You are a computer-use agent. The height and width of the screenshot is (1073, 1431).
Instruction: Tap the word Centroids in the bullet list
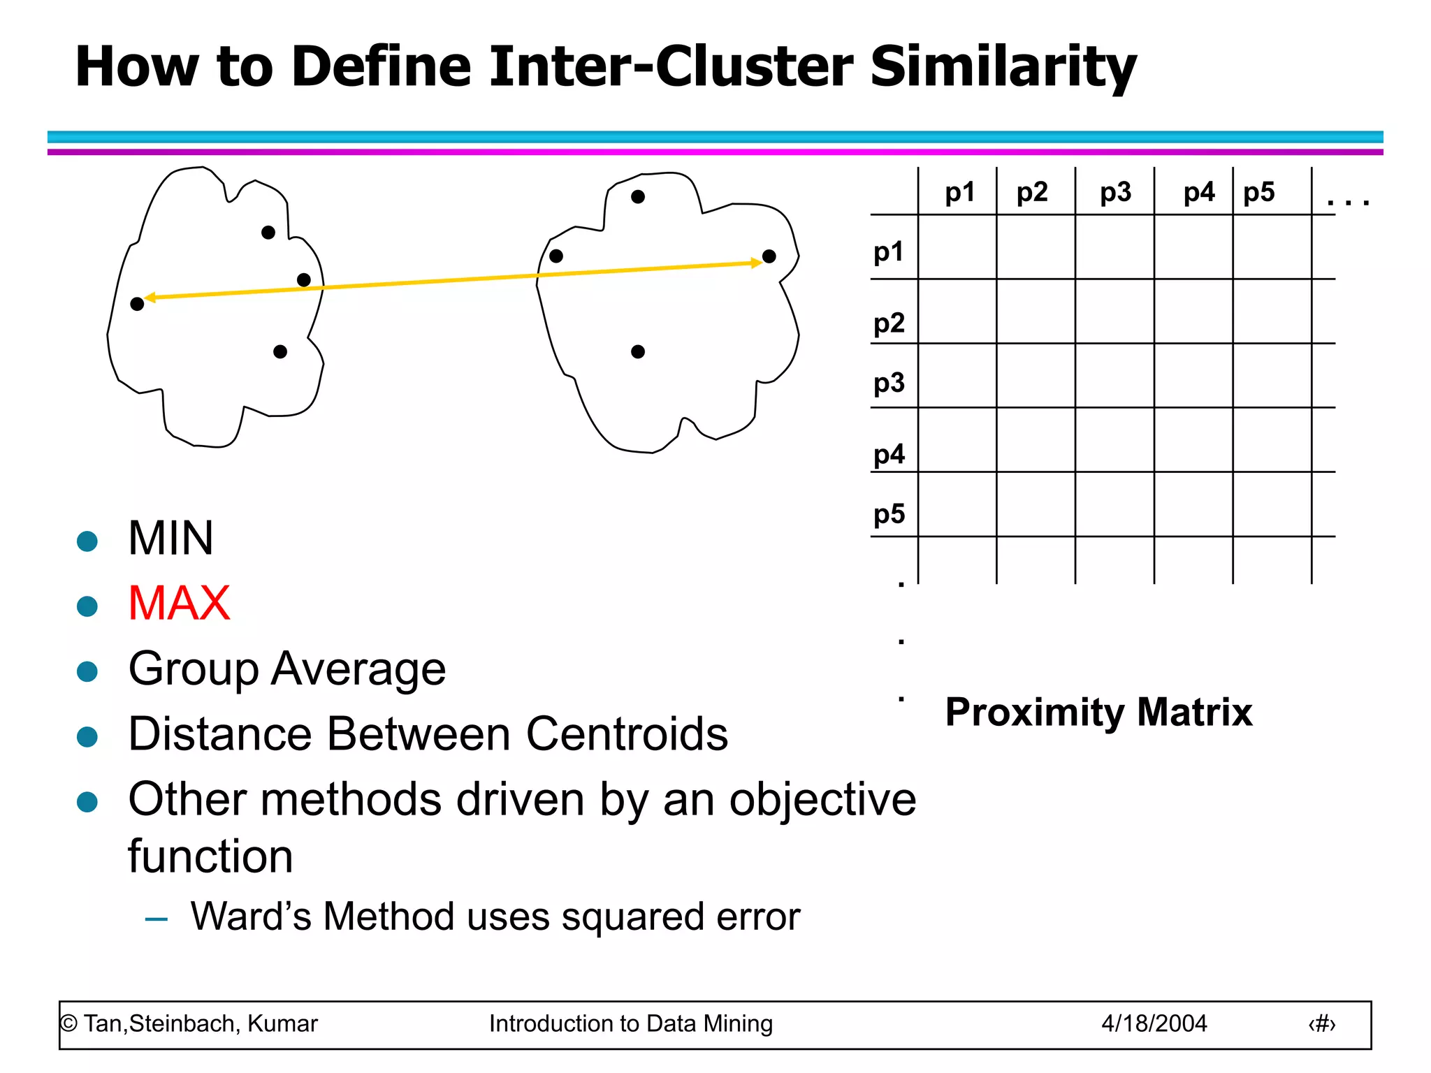pyautogui.click(x=626, y=734)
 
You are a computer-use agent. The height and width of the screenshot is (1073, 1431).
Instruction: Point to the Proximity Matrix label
pyautogui.click(x=1098, y=712)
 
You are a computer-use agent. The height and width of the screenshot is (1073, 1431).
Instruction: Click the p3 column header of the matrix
pyautogui.click(x=1115, y=192)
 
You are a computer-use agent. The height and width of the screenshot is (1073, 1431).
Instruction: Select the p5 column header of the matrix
pyautogui.click(x=1258, y=192)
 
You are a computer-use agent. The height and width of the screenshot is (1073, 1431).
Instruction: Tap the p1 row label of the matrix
pyautogui.click(x=889, y=251)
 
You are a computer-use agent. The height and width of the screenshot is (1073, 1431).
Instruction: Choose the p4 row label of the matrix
pyautogui.click(x=889, y=455)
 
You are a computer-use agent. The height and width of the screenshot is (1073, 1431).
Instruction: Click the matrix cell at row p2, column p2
pyautogui.click(x=1036, y=312)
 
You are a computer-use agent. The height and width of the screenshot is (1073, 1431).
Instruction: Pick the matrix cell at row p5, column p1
pyautogui.click(x=957, y=504)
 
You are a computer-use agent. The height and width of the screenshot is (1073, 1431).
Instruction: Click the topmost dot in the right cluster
pyautogui.click(x=637, y=197)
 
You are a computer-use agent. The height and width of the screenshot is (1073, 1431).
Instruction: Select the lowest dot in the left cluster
pyautogui.click(x=280, y=351)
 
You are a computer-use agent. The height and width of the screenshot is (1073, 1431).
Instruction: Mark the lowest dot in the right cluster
pyautogui.click(x=637, y=351)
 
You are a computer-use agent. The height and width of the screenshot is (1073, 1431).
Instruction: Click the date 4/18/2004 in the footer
pyautogui.click(x=1154, y=1023)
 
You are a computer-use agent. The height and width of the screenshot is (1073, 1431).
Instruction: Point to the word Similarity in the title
pyautogui.click(x=1003, y=67)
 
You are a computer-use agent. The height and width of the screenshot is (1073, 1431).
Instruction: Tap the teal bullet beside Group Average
pyautogui.click(x=87, y=671)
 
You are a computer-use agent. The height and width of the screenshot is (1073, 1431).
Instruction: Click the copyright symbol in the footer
pyautogui.click(x=68, y=1024)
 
